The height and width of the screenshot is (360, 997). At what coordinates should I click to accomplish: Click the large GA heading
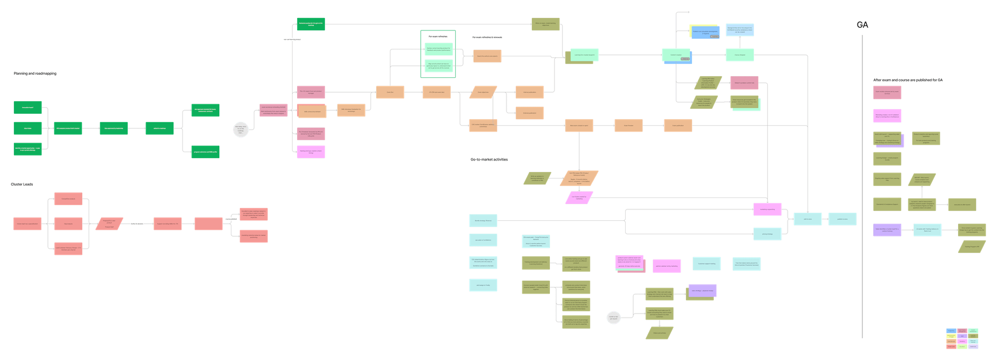point(862,25)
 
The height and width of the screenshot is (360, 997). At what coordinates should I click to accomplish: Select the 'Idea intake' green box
point(27,128)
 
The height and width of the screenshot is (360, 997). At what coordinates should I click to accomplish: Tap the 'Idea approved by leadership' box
point(114,128)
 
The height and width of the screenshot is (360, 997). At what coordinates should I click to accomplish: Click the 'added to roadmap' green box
point(159,128)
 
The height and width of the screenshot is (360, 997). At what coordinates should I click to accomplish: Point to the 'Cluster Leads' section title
point(22,184)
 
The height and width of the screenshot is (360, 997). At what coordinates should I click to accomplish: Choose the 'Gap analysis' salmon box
point(68,224)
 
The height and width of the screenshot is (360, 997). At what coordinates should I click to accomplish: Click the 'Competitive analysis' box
point(68,199)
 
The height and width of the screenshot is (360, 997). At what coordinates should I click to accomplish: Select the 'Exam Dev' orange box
point(390,92)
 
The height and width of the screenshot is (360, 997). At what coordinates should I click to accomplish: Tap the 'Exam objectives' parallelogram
point(483,92)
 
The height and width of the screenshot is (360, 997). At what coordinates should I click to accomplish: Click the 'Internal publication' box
point(529,92)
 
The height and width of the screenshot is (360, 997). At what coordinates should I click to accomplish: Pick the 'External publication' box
point(529,113)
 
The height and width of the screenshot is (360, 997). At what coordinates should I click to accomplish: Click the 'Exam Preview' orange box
point(628,126)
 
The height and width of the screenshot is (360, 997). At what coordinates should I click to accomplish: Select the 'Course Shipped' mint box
point(739,55)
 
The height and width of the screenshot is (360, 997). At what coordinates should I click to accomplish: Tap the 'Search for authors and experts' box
point(487,56)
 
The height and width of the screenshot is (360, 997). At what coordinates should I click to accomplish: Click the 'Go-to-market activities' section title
point(489,160)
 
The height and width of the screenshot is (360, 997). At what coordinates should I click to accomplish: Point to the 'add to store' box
point(807,219)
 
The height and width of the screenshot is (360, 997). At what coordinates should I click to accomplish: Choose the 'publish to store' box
point(842,219)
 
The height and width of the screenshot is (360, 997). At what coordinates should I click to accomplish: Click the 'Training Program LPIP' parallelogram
point(972,247)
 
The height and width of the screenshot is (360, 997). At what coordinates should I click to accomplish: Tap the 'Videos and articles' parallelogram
point(659,333)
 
